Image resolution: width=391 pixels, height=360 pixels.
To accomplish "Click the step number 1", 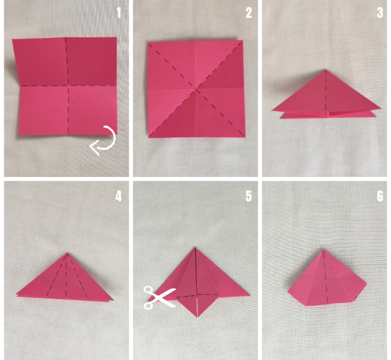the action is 119,13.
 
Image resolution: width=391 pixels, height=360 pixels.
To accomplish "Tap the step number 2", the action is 248,13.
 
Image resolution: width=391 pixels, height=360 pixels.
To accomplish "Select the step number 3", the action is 380,13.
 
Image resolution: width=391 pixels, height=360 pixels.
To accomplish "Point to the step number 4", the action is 119,196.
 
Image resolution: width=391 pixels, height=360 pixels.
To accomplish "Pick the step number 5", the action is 248,196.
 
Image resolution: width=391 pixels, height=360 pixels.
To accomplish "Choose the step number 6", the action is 380,196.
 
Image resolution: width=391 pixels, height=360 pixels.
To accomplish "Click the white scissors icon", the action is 159,297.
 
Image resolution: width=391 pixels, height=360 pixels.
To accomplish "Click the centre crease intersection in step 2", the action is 197,88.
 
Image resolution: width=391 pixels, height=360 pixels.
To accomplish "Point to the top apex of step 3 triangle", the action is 325,70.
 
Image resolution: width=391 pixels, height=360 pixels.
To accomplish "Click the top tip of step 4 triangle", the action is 67,253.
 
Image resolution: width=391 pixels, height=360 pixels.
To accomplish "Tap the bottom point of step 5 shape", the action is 197,317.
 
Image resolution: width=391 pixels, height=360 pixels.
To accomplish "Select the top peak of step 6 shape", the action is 324,249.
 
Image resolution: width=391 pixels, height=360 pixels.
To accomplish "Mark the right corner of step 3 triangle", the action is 381,108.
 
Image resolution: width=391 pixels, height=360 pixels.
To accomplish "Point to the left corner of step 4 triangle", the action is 16,294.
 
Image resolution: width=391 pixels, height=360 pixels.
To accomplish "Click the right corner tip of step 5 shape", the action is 250,296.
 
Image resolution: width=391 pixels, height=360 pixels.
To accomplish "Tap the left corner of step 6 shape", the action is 288,291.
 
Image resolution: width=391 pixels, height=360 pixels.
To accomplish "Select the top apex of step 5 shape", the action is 195,247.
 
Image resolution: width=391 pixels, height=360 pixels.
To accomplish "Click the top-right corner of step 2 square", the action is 242,41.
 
